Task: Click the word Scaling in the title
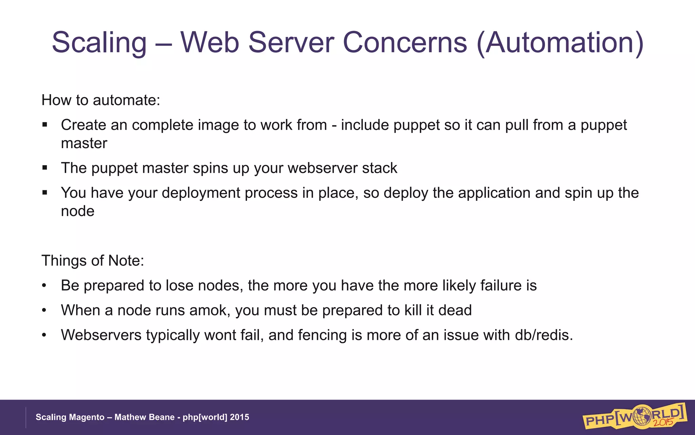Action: point(99,43)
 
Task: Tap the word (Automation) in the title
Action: point(560,43)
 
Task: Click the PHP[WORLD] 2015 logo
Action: point(634,416)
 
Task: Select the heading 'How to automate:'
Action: point(101,100)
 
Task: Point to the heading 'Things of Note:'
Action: point(93,261)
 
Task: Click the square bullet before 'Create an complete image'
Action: point(45,125)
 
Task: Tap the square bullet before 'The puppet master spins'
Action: point(45,168)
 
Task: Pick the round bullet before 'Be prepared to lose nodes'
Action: point(44,285)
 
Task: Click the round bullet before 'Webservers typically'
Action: point(44,335)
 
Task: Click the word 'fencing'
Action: point(322,335)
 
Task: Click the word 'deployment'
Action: point(229,193)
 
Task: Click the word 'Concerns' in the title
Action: point(405,43)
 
